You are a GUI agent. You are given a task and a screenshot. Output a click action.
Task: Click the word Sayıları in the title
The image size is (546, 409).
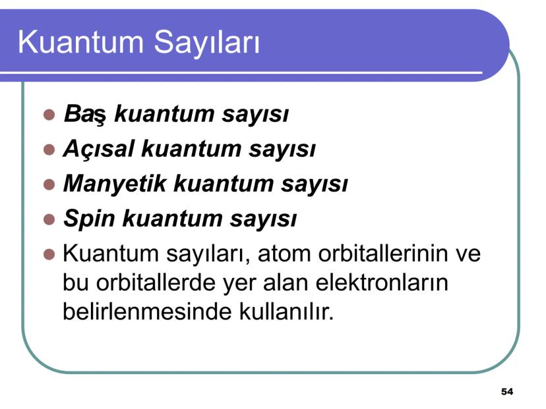[x=207, y=42]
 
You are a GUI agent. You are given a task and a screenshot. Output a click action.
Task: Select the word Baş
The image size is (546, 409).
[x=85, y=115]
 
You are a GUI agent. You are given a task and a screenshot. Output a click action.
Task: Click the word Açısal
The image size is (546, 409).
[x=98, y=150]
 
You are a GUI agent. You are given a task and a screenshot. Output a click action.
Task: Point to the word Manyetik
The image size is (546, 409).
[x=113, y=184]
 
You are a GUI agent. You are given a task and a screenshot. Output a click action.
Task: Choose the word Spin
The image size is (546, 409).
[x=88, y=219]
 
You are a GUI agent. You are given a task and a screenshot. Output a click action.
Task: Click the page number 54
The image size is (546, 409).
[x=506, y=392]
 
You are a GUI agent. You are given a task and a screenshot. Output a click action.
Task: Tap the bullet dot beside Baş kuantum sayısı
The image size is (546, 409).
[x=48, y=115]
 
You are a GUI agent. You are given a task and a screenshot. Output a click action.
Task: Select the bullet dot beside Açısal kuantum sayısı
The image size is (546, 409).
[x=48, y=150]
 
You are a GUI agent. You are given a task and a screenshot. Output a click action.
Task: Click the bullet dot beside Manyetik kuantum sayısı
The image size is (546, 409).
[x=48, y=184]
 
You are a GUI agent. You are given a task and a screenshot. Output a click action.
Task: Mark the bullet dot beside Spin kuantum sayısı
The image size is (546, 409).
[x=48, y=219]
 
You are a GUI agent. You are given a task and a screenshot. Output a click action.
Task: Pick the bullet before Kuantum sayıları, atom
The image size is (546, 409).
[x=48, y=254]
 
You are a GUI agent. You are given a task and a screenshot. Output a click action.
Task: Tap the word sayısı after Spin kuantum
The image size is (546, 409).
[x=266, y=219]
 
